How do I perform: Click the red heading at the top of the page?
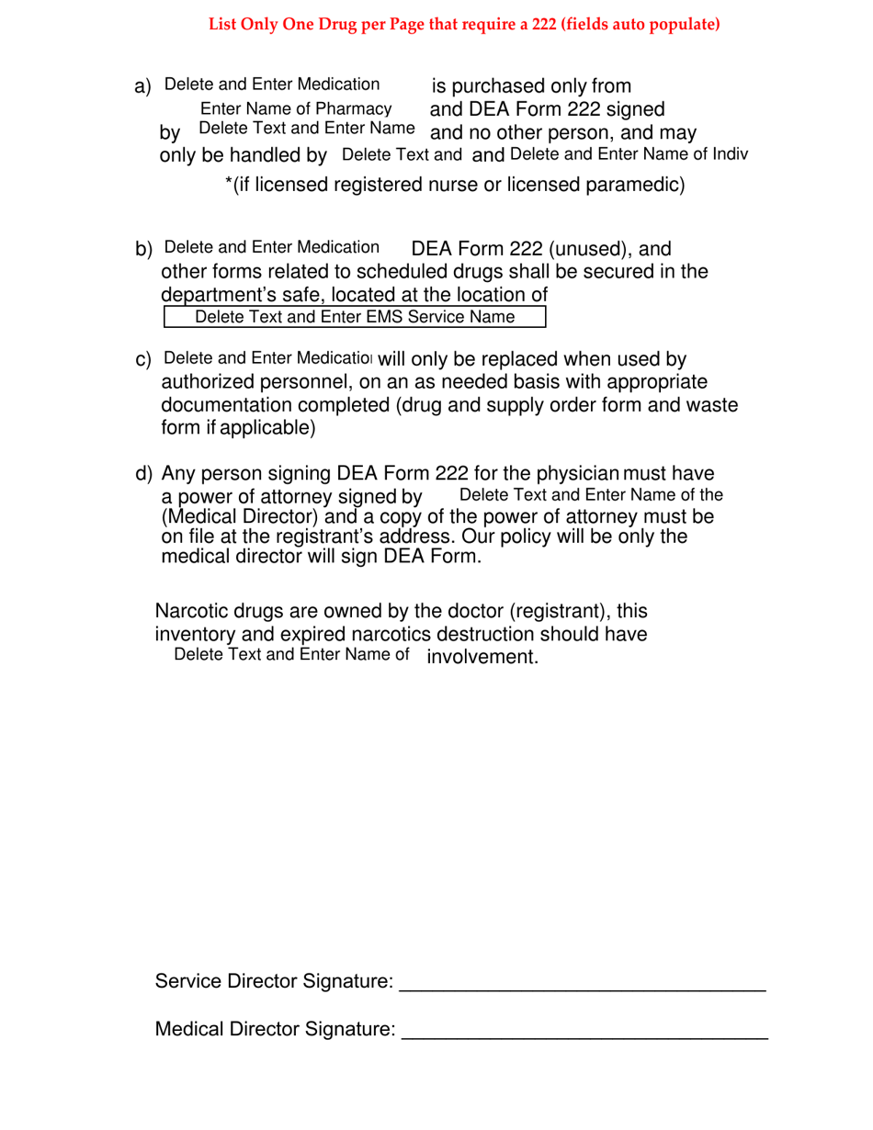pos(464,25)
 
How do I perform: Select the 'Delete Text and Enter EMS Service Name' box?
pos(355,317)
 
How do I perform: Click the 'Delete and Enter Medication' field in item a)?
pos(272,85)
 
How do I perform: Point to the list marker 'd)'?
pos(143,474)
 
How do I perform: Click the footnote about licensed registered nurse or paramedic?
pos(455,186)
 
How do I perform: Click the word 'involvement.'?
pos(482,657)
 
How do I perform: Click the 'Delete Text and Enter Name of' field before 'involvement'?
pos(291,655)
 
